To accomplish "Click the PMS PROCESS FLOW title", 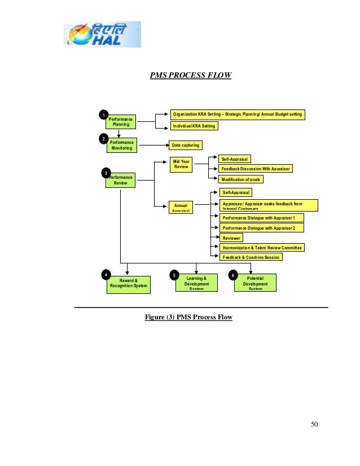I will [x=190, y=74].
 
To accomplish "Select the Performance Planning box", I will [x=121, y=121].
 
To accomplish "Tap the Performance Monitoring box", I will [x=121, y=146].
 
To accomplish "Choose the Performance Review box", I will [x=120, y=181].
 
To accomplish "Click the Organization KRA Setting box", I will [x=238, y=115].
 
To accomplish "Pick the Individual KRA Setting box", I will [x=194, y=126].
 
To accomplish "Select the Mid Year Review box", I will [x=181, y=164].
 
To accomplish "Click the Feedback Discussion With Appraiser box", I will [x=256, y=169].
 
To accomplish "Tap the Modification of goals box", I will [x=241, y=179].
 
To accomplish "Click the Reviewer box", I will [x=231, y=238].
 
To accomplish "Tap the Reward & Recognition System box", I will [x=129, y=283].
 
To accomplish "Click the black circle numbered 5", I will [x=174, y=275].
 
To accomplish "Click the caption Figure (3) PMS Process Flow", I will [x=188, y=317].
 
